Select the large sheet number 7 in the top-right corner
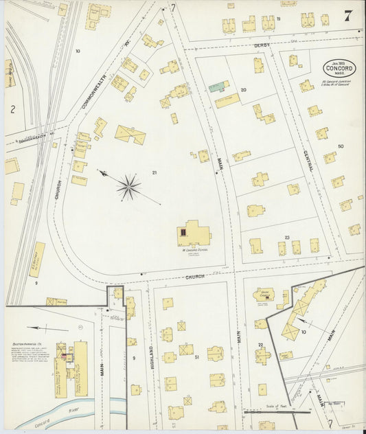(349, 16)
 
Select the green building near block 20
(219, 87)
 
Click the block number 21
(155, 172)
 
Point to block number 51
(196, 357)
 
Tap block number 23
(288, 237)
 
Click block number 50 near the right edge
(341, 146)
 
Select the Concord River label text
(41, 423)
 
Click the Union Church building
(264, 295)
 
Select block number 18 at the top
(278, 19)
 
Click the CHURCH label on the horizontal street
(195, 277)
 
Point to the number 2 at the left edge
(12, 108)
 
